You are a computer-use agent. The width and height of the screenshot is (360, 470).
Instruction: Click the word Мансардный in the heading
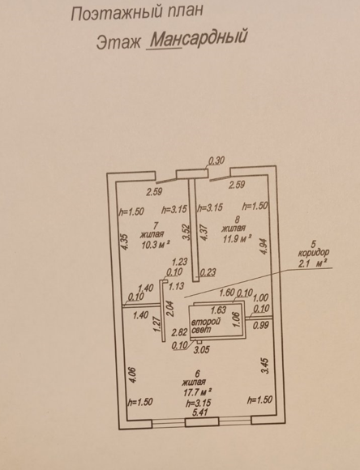(199, 38)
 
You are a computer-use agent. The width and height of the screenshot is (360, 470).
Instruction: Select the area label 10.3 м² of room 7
(156, 244)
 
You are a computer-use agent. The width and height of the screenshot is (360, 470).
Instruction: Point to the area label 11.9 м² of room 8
(236, 239)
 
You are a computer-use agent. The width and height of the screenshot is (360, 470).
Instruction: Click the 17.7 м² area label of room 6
(197, 392)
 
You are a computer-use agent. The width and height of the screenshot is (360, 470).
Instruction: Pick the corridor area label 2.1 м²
(311, 263)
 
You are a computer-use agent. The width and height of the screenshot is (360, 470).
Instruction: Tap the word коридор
(314, 253)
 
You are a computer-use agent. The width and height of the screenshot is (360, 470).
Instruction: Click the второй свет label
(206, 326)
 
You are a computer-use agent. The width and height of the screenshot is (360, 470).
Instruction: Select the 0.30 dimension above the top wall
(216, 161)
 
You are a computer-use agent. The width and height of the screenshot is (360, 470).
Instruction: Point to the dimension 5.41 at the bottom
(200, 412)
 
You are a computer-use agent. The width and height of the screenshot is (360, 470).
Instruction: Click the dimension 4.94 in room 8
(264, 246)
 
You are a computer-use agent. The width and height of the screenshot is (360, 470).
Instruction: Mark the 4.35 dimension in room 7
(125, 241)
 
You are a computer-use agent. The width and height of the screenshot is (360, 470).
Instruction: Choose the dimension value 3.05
(201, 349)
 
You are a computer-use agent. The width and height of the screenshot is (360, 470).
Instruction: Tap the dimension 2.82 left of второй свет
(180, 332)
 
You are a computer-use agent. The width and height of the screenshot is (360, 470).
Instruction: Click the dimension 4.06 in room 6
(133, 374)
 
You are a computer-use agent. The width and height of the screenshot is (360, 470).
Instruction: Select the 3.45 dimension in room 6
(265, 366)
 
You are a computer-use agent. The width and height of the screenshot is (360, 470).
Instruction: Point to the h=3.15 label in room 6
(199, 404)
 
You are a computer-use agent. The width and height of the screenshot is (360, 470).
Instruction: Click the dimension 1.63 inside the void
(218, 310)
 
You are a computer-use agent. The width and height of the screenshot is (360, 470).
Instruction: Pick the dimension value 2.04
(172, 309)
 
